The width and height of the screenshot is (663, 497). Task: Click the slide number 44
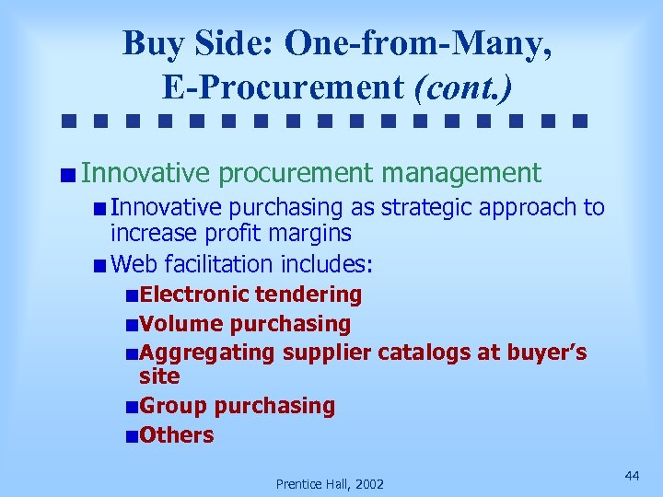click(632, 475)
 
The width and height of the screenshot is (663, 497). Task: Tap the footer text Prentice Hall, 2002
click(331, 484)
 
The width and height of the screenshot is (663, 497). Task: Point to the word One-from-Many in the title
click(418, 41)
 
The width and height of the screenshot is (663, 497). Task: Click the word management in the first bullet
click(461, 172)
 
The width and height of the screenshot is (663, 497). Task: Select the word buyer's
click(543, 353)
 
